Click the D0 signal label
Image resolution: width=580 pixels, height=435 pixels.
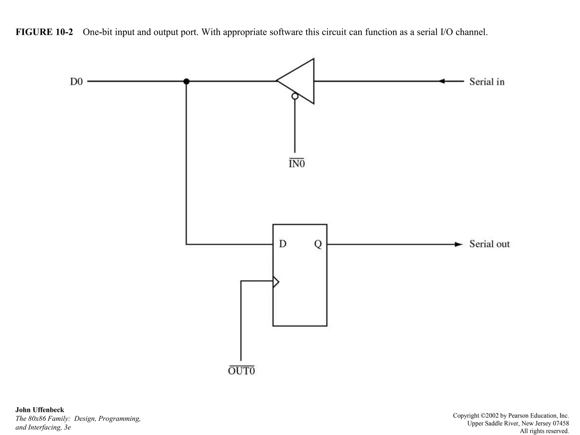click(x=76, y=82)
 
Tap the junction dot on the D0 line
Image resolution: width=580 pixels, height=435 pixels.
click(x=186, y=82)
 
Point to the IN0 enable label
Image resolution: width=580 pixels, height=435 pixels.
click(x=297, y=164)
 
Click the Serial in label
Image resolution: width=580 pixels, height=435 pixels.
click(x=487, y=82)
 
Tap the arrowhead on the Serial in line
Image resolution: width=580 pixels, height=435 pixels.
click(x=441, y=81)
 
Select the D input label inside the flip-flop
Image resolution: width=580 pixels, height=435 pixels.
click(x=283, y=244)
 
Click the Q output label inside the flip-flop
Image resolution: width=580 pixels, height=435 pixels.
click(x=318, y=244)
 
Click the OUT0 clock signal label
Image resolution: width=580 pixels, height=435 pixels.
click(x=241, y=371)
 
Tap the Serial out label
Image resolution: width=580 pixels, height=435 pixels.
click(x=489, y=244)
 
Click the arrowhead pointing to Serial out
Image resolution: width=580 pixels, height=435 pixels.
click(x=458, y=244)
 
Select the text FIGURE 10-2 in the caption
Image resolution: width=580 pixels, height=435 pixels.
click(x=44, y=32)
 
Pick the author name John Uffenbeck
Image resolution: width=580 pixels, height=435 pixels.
click(x=40, y=410)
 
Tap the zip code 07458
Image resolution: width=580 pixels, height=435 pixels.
click(x=561, y=423)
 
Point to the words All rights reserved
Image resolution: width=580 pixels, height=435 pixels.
click(x=544, y=431)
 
